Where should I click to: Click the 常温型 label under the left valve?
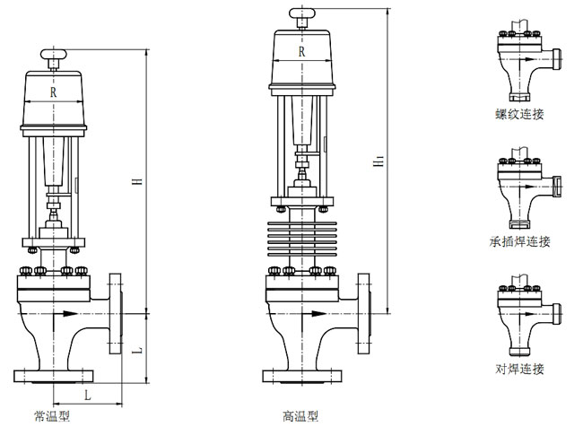pyautogui.click(x=53, y=415)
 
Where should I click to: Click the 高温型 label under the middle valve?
pyautogui.click(x=300, y=415)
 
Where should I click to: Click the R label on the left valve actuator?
pyautogui.click(x=54, y=92)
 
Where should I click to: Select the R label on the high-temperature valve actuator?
pyautogui.click(x=301, y=52)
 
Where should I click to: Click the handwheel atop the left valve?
pyautogui.click(x=55, y=59)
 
